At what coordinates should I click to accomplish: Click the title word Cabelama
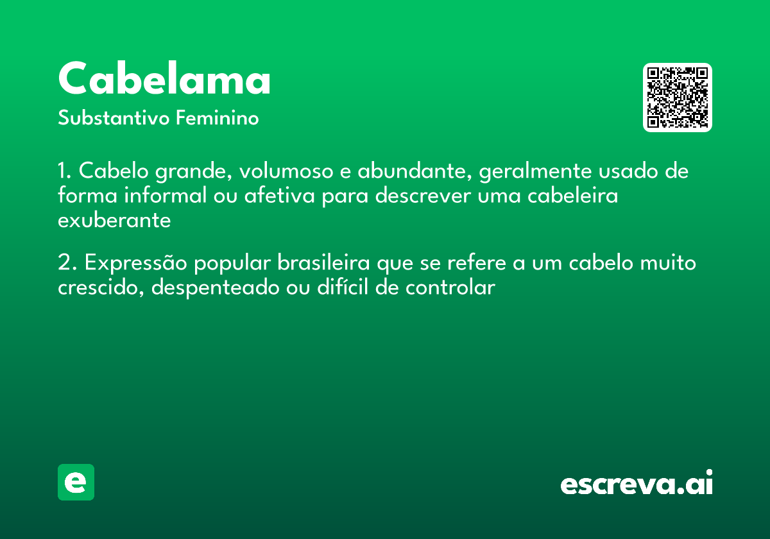pyautogui.click(x=164, y=80)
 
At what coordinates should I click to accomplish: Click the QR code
pyautogui.click(x=678, y=98)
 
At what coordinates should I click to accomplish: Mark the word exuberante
pyautogui.click(x=114, y=220)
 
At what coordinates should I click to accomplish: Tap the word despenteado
pyautogui.click(x=217, y=288)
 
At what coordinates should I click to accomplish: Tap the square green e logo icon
pyautogui.click(x=76, y=482)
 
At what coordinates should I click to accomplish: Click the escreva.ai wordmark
pyautogui.click(x=637, y=484)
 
